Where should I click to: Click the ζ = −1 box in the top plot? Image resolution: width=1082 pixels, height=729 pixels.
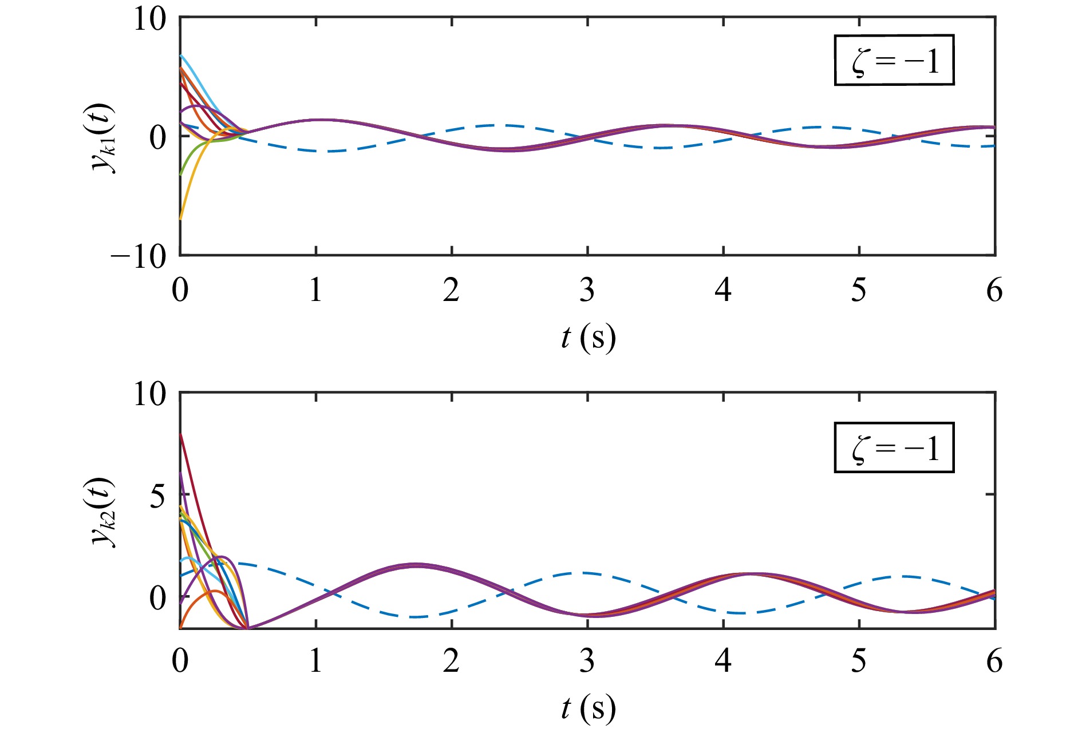click(x=894, y=60)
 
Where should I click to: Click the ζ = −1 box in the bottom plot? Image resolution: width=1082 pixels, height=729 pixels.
click(x=894, y=447)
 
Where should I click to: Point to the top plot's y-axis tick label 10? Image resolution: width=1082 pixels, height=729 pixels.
click(x=150, y=19)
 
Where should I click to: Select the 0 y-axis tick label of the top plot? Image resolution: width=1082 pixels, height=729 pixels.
click(x=157, y=137)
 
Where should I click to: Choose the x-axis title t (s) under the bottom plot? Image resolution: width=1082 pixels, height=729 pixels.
click(x=588, y=708)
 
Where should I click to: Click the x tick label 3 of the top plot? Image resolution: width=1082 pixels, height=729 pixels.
click(x=587, y=291)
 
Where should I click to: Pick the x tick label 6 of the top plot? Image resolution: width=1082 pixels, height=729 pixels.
click(x=994, y=291)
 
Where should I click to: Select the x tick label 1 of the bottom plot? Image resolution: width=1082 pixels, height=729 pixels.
click(x=316, y=661)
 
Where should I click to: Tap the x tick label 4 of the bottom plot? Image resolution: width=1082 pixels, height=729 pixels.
click(x=723, y=661)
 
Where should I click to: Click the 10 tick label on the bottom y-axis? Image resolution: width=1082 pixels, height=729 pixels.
click(x=150, y=394)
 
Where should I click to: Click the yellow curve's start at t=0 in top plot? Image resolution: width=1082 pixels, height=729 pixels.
click(x=181, y=219)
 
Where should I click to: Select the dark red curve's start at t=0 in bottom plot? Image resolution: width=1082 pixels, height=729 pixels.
click(x=181, y=434)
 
